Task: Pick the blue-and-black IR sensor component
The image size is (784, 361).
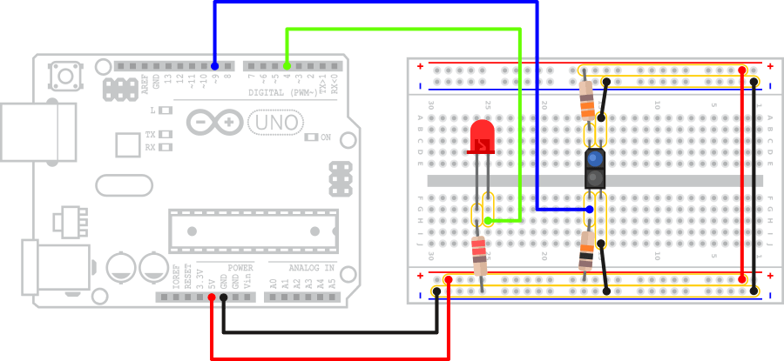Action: coord(594,169)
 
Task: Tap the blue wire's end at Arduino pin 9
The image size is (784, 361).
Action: coord(214,65)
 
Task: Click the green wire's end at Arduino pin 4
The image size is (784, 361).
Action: coord(287,65)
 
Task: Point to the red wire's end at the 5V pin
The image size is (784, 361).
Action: coord(212,297)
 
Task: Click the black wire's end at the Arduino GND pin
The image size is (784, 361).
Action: coord(224,297)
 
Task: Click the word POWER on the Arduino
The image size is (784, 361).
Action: coord(240,268)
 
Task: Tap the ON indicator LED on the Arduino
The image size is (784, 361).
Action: coord(314,137)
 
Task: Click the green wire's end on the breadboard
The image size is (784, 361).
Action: coord(489,221)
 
